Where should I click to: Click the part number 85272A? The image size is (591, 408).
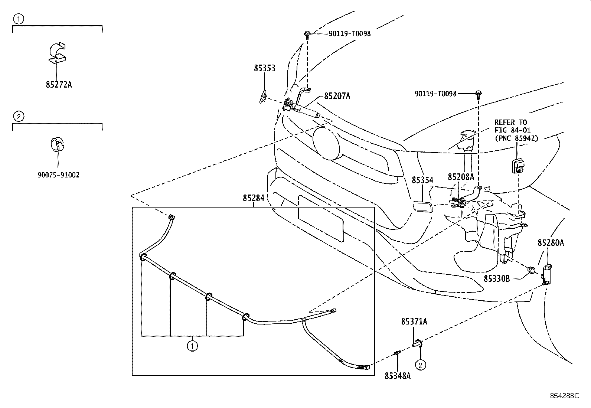pos(59,85)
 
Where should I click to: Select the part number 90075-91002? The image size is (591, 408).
pos(58,175)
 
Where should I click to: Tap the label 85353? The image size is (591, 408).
pos(265,68)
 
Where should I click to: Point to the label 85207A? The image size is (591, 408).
pos(337,96)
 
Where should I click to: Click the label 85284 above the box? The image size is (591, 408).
pos(254,198)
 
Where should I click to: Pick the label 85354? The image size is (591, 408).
pos(422,180)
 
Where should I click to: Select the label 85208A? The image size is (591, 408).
pos(461,177)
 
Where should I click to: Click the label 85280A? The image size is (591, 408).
pos(551,243)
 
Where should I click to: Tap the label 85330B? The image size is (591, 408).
pos(496,278)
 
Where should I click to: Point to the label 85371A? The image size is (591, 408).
pos(414,321)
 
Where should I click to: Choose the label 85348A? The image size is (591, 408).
pos(398,376)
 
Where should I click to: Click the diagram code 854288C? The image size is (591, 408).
pos(564,396)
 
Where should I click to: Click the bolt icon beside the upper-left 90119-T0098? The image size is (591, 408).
pos(308,35)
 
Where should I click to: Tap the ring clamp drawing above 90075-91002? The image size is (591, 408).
pos(57,144)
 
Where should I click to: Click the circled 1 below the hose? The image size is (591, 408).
pos(192,346)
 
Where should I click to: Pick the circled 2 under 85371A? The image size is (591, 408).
pos(420,365)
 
